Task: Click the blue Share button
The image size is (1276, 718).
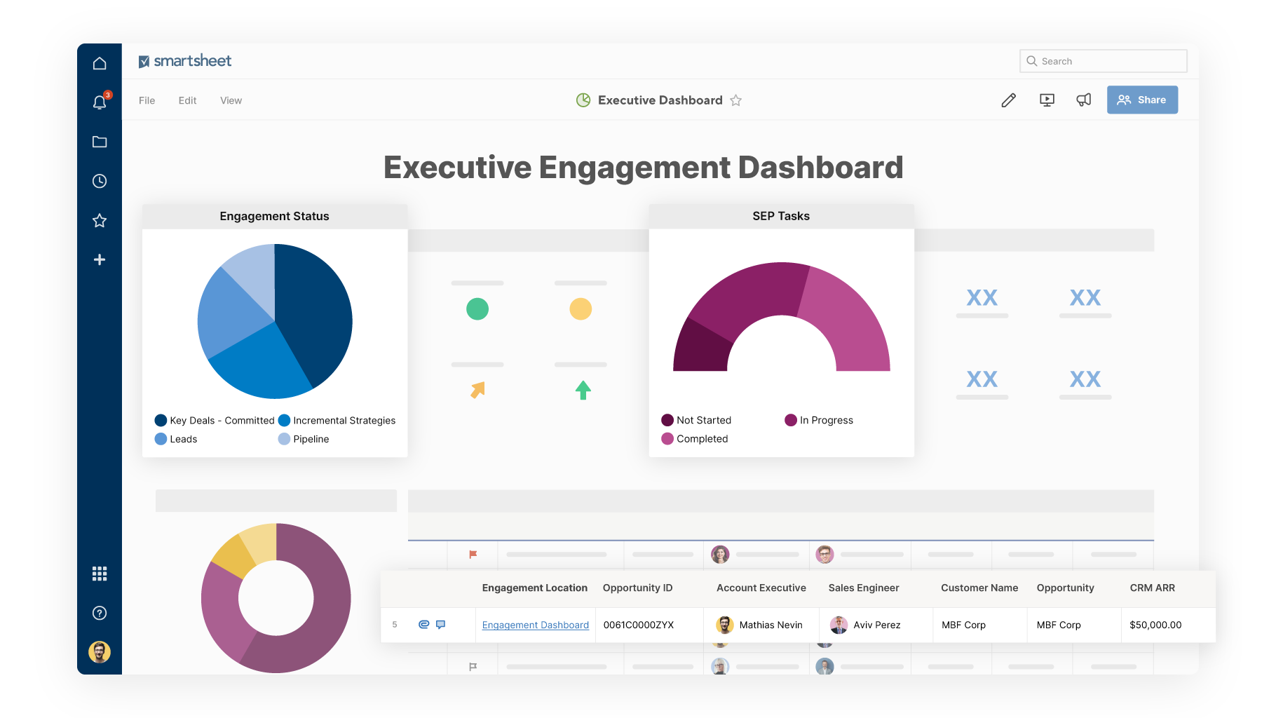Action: (1142, 100)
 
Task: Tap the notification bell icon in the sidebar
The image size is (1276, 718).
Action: (100, 102)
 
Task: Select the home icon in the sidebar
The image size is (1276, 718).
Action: (100, 63)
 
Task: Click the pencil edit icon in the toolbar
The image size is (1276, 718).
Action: (1008, 100)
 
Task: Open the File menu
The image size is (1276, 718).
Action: (147, 100)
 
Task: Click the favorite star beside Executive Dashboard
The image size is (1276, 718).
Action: (735, 100)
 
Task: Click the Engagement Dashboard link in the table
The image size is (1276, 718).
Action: (535, 625)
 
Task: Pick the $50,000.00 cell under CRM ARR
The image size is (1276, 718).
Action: (1155, 625)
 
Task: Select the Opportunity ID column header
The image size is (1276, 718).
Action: (637, 588)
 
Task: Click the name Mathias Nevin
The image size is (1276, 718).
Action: (771, 625)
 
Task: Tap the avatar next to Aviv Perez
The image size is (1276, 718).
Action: (839, 625)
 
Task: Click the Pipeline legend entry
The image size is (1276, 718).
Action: (311, 439)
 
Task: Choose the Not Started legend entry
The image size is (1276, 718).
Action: (703, 420)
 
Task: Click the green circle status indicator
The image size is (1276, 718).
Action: (477, 309)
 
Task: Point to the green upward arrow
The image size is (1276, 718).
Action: (583, 390)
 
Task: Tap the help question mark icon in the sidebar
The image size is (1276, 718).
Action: (100, 613)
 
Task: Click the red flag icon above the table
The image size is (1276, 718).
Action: (473, 555)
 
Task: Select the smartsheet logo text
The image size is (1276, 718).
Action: (192, 61)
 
